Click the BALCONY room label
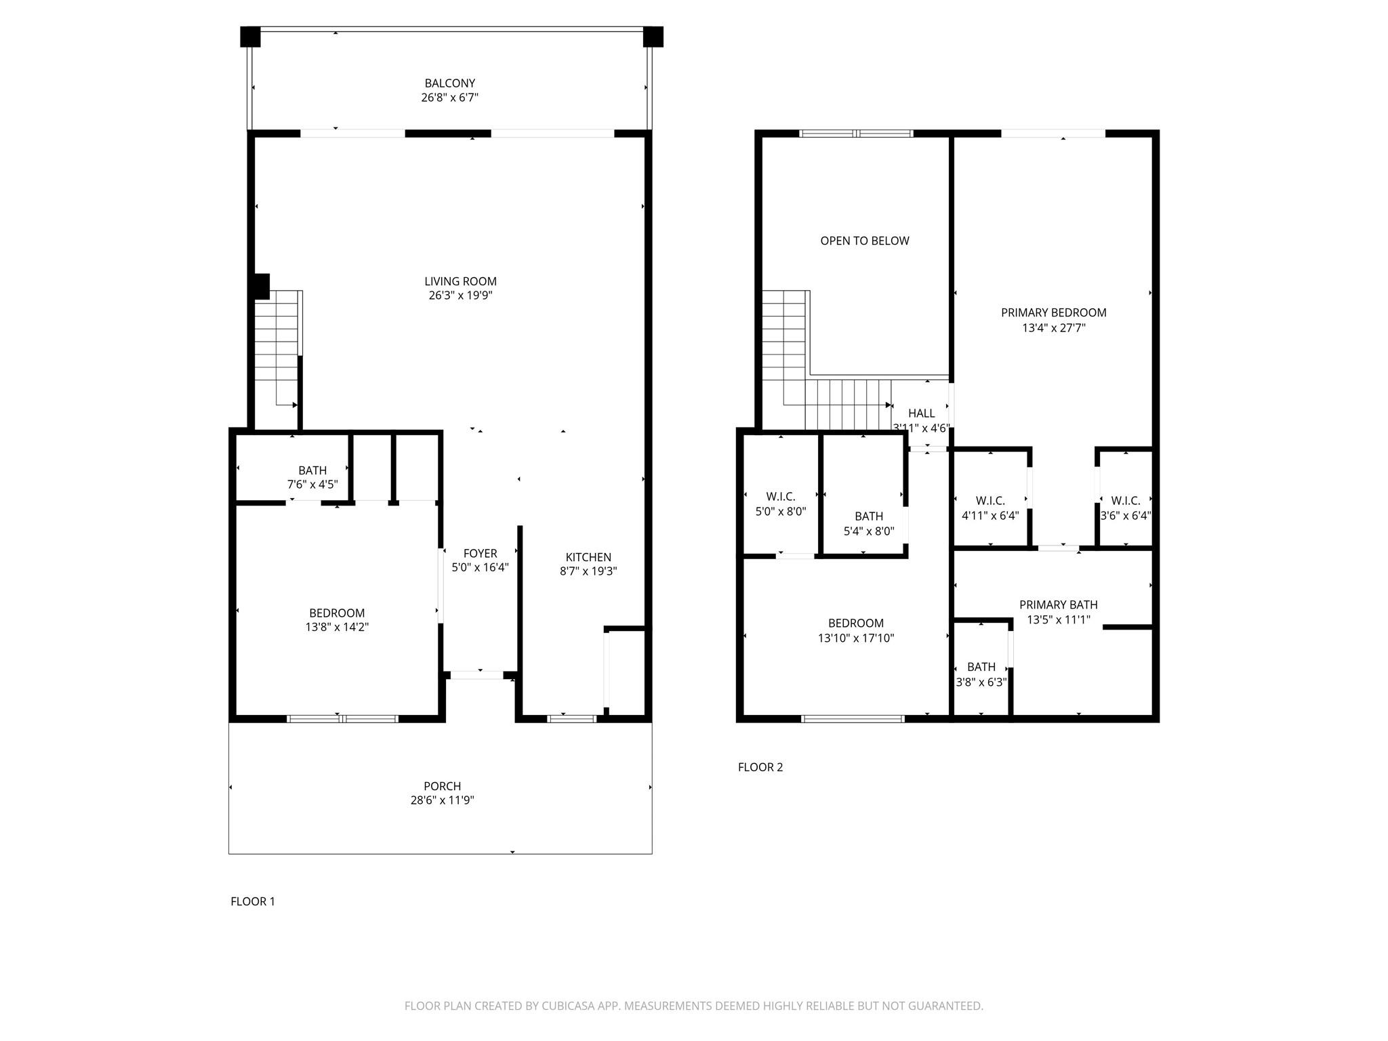tap(449, 83)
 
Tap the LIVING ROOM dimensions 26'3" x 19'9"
tap(460, 295)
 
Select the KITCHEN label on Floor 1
tap(588, 557)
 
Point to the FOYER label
tap(480, 553)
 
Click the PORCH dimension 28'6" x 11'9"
tap(442, 800)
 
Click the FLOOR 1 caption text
tap(253, 901)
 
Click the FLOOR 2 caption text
tap(760, 767)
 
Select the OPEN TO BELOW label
tap(864, 241)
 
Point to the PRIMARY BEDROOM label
tap(1053, 312)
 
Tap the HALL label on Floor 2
tap(921, 413)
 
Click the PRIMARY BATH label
tap(1058, 605)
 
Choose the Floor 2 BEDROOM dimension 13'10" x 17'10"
tap(855, 638)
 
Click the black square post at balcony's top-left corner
tap(250, 37)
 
